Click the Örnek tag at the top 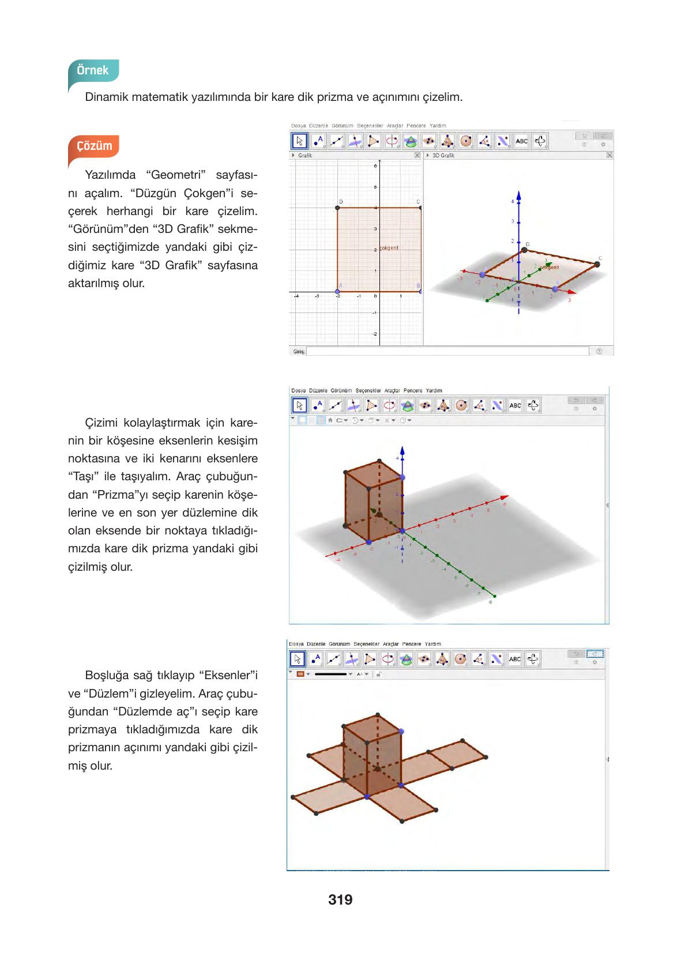(93, 70)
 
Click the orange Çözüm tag (94, 146)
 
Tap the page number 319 (340, 899)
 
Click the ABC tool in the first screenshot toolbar (521, 141)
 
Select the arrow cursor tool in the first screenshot (299, 141)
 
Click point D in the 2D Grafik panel (338, 208)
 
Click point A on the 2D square (338, 292)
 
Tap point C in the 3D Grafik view (597, 264)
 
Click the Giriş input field (447, 351)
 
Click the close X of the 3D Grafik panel (609, 156)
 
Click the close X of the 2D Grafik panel (417, 156)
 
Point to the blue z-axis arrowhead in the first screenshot (519, 195)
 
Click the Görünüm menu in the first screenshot (342, 126)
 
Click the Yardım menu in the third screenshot (432, 643)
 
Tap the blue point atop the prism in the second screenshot (402, 477)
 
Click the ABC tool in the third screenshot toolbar (515, 659)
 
